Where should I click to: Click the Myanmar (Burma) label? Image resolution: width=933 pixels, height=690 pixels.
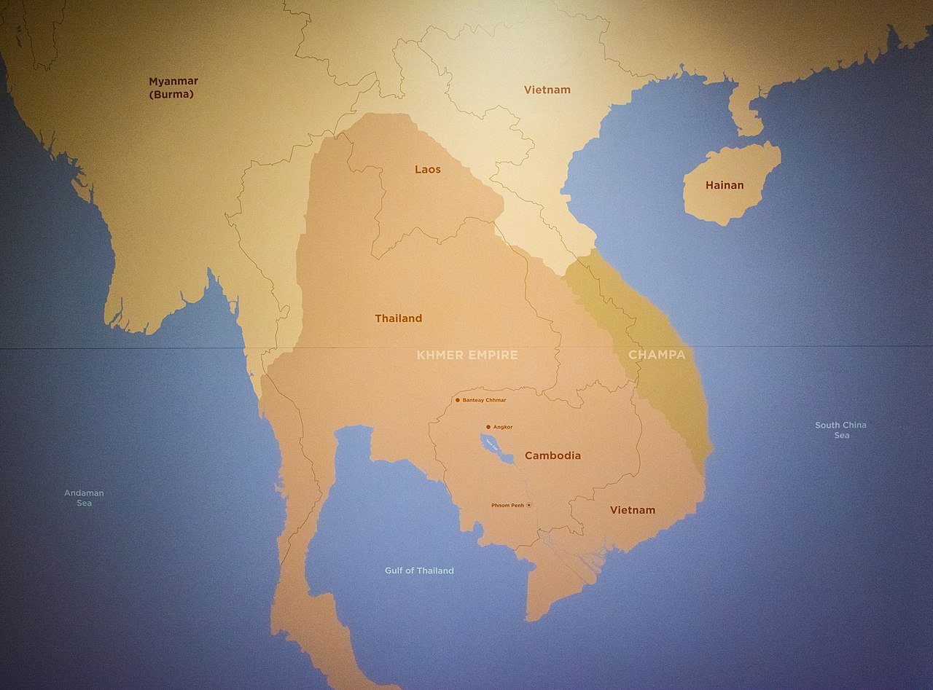click(x=173, y=87)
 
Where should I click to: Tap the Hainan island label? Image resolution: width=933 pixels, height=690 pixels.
click(x=725, y=185)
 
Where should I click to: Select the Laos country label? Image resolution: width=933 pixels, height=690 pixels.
click(x=428, y=169)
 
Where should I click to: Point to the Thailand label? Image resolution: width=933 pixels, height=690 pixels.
click(x=398, y=318)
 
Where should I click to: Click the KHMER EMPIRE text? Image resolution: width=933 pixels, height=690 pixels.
click(x=467, y=355)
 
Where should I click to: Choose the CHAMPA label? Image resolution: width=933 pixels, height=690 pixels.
click(x=657, y=355)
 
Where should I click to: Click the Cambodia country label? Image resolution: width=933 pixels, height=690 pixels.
click(x=553, y=455)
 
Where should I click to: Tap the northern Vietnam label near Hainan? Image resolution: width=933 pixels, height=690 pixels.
click(x=547, y=90)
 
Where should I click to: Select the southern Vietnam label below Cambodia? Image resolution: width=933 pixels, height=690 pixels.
click(x=632, y=510)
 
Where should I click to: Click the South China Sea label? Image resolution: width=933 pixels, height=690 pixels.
click(x=841, y=430)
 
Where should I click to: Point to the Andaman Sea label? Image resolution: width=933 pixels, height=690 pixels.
click(x=84, y=498)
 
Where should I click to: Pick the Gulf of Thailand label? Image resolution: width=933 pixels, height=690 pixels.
click(x=419, y=571)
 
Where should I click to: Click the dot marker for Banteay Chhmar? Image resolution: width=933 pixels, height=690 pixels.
click(x=457, y=400)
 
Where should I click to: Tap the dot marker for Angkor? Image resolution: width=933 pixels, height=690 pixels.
click(x=488, y=427)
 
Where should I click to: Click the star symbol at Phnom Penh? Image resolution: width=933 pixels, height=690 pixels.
click(x=529, y=505)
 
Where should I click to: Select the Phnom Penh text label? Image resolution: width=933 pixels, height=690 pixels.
click(x=507, y=505)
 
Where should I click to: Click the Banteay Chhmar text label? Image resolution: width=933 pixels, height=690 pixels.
click(x=484, y=400)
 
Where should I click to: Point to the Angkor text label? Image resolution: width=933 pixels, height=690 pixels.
click(x=503, y=427)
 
